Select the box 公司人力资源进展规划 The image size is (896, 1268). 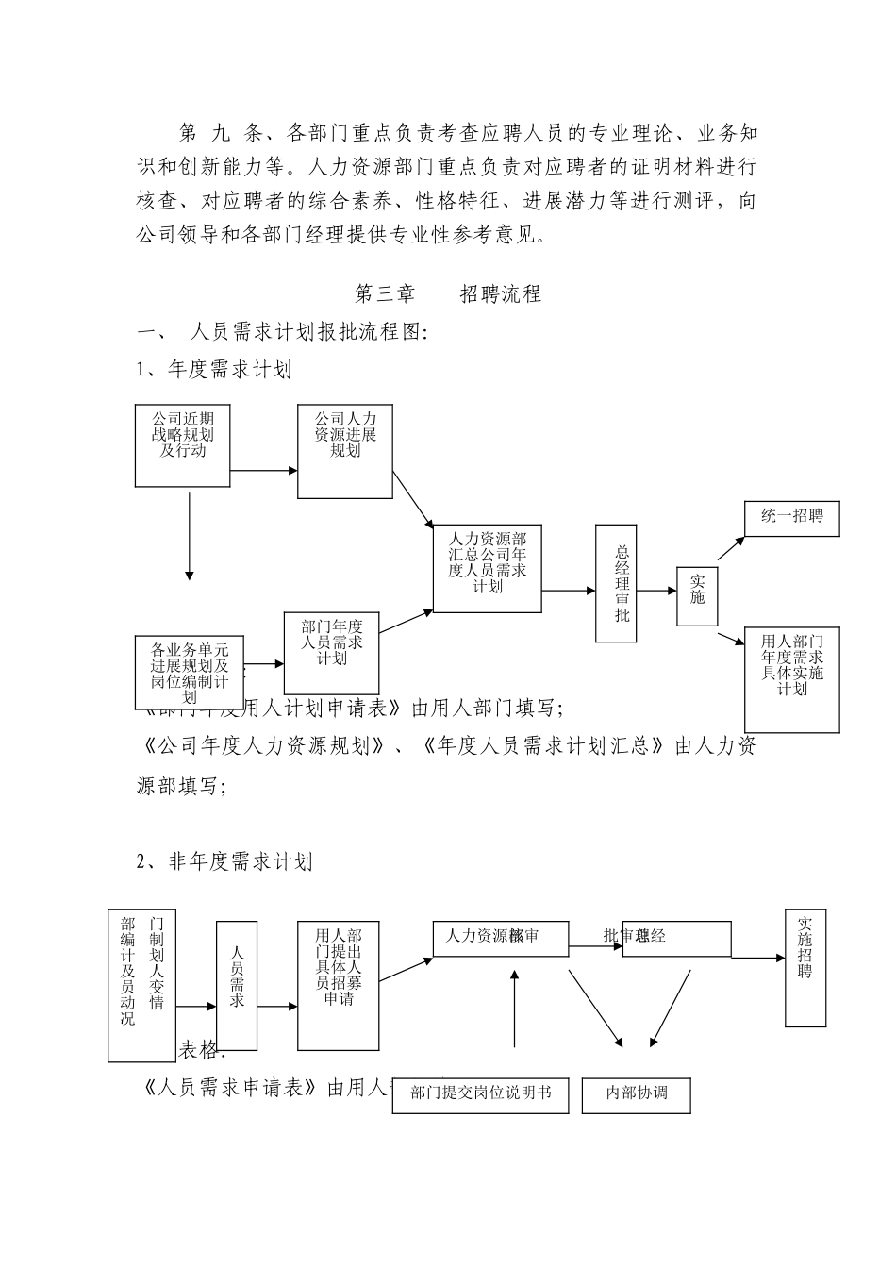[345, 451]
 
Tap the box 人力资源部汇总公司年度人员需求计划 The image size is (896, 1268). [488, 567]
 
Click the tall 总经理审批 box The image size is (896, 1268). [622, 584]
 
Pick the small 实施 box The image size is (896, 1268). [697, 595]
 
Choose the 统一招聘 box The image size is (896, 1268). [791, 517]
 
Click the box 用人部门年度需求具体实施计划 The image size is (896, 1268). [792, 678]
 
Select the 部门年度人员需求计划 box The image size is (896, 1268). [331, 652]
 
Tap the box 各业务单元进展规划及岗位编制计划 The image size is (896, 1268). [189, 670]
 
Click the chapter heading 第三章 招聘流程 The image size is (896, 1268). [447, 293]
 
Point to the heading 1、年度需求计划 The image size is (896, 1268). [214, 370]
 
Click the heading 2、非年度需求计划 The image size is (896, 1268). [224, 861]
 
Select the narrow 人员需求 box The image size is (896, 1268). [237, 985]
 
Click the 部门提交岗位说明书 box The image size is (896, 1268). [480, 1093]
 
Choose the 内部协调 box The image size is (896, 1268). [637, 1093]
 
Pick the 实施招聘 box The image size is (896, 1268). [805, 968]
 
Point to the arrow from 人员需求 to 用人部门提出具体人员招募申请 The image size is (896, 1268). [277, 1007]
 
